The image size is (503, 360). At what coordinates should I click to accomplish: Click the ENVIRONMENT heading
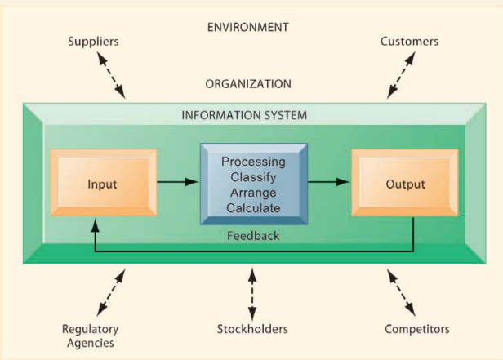pyautogui.click(x=248, y=27)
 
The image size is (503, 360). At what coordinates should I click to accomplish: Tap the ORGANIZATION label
pyautogui.click(x=248, y=83)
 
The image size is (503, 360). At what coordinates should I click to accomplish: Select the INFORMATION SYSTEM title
pyautogui.click(x=244, y=115)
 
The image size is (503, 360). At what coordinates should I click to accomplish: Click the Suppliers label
pyautogui.click(x=94, y=42)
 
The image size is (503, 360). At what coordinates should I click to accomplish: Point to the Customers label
pyautogui.click(x=409, y=42)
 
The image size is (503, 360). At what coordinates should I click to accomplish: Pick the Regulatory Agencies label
pyautogui.click(x=91, y=336)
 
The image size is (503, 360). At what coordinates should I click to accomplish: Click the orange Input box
pyautogui.click(x=102, y=184)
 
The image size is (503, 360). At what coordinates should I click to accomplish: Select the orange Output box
pyautogui.click(x=405, y=184)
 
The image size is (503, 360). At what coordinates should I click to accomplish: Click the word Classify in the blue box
pyautogui.click(x=253, y=176)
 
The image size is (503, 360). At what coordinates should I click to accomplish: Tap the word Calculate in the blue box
pyautogui.click(x=253, y=208)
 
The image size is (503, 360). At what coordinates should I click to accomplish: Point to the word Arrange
pyautogui.click(x=253, y=193)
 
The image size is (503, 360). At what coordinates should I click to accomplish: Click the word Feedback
pyautogui.click(x=254, y=236)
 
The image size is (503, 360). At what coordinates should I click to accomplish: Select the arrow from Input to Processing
pyautogui.click(x=177, y=182)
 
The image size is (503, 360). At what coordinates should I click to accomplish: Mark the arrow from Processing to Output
pyautogui.click(x=329, y=182)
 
